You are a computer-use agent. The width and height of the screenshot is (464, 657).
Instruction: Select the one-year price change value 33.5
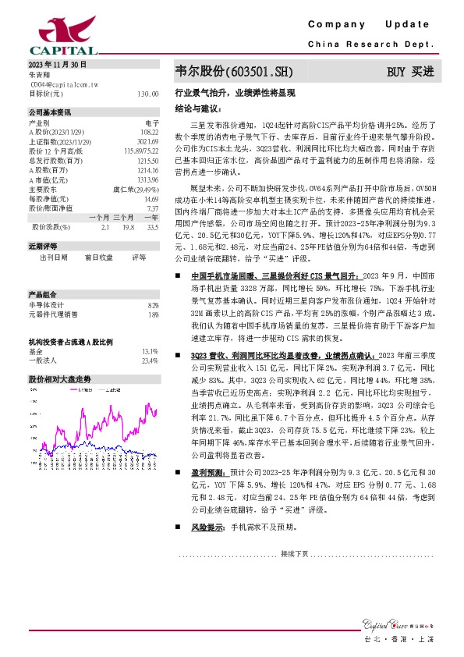point(152,227)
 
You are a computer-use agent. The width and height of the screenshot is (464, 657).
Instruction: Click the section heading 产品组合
point(41,295)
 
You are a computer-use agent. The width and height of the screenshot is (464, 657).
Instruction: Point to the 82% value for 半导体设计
point(153,305)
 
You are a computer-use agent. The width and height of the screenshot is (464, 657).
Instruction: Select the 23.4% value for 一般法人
point(150,360)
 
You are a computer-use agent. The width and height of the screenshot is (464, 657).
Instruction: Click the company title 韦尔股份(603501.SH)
point(235,72)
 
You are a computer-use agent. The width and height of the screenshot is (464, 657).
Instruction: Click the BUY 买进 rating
point(410,72)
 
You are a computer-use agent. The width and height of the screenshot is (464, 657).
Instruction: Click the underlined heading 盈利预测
point(205,473)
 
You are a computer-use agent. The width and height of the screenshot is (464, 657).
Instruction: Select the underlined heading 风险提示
point(205,528)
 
